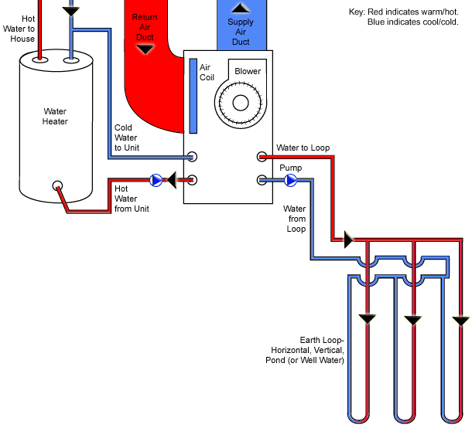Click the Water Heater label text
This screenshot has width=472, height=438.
[55, 117]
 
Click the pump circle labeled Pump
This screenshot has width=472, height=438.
[291, 181]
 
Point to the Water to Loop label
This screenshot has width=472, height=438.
[303, 148]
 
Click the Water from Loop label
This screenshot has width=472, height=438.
[296, 219]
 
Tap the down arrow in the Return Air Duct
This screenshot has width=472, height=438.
[145, 49]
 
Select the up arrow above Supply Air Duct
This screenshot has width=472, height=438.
[241, 8]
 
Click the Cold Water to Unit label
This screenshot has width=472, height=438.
[126, 138]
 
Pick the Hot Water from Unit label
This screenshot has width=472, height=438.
[132, 199]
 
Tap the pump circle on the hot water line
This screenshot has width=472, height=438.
[156, 181]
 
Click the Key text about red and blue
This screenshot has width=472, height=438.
[404, 17]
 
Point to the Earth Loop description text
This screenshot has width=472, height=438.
[322, 350]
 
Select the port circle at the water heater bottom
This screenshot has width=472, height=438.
[57, 186]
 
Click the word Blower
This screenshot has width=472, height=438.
[248, 72]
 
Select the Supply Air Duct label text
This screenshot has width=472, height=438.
[241, 32]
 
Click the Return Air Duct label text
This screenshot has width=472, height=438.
[145, 27]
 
